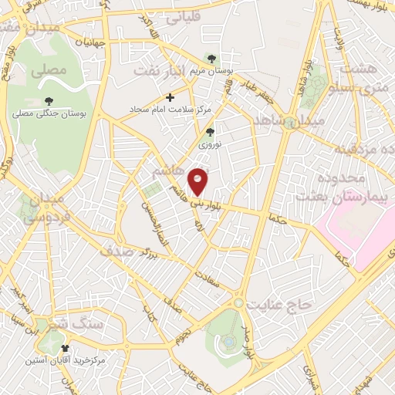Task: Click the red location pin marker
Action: point(199,181)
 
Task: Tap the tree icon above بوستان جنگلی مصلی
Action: point(49,101)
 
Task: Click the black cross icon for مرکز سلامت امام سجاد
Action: point(170,97)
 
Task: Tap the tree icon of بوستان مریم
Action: point(212,59)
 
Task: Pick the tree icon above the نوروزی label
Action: point(209,132)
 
